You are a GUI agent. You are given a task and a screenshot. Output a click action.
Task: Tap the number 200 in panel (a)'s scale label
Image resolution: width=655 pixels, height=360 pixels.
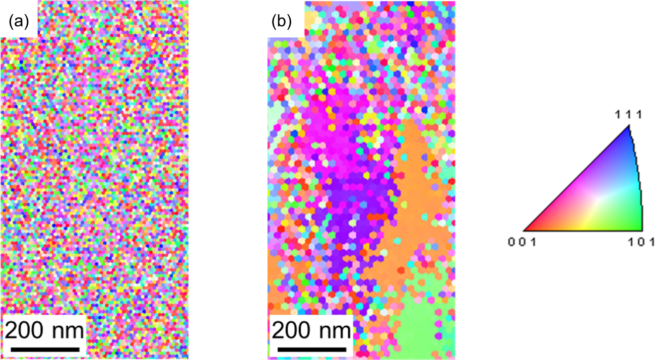click(x=27, y=331)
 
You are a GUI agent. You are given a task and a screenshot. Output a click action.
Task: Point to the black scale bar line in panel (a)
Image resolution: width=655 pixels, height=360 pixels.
click(x=45, y=348)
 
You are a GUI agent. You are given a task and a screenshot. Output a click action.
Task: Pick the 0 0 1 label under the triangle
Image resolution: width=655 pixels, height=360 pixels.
click(x=518, y=242)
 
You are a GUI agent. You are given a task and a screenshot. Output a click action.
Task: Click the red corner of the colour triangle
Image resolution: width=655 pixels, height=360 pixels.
click(x=528, y=228)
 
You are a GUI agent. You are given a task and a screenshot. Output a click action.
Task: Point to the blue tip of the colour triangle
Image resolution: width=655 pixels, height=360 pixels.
click(x=629, y=132)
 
